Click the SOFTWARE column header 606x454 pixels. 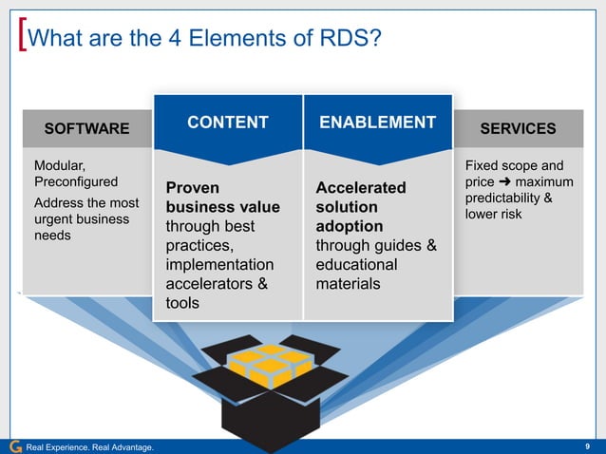pyautogui.click(x=86, y=128)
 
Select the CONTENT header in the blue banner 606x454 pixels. pyautogui.click(x=227, y=123)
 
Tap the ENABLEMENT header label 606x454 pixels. pyautogui.click(x=377, y=123)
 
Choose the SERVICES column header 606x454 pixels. pyautogui.click(x=518, y=128)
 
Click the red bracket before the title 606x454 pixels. pyautogui.click(x=22, y=39)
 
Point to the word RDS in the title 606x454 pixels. pyautogui.click(x=337, y=39)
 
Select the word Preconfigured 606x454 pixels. pyautogui.click(x=76, y=181)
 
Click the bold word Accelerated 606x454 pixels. pyautogui.click(x=360, y=188)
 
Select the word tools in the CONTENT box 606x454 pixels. pyautogui.click(x=184, y=303)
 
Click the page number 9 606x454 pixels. pyautogui.click(x=591, y=446)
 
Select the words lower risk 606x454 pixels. pyautogui.click(x=493, y=214)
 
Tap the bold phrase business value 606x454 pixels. pyautogui.click(x=223, y=207)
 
